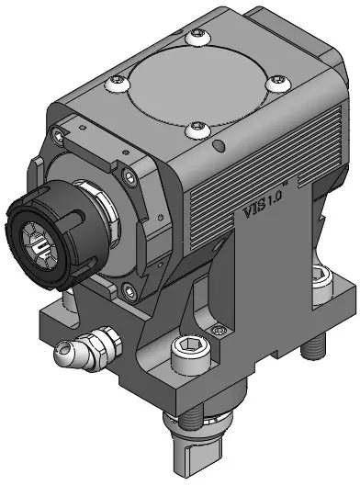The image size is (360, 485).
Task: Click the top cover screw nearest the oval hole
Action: (x=198, y=130)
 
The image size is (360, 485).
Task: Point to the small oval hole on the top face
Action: (x=219, y=146)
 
